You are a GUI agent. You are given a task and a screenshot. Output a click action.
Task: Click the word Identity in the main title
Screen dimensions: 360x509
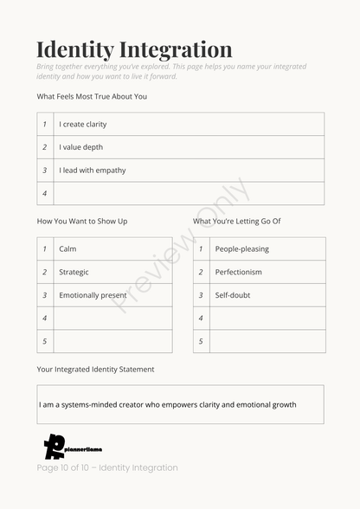tap(74, 49)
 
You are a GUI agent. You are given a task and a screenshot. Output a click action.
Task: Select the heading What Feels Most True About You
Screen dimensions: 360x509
tap(92, 96)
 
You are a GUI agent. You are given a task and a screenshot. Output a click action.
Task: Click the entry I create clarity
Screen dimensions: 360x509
tap(83, 124)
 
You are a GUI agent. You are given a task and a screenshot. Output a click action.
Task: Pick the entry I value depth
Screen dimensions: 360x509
tap(80, 147)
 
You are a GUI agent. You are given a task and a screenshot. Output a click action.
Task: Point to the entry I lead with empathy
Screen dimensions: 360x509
tap(92, 171)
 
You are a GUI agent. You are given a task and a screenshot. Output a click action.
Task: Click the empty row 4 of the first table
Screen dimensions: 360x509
tap(189, 194)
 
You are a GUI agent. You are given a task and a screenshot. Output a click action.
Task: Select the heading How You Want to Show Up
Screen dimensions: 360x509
tap(82, 221)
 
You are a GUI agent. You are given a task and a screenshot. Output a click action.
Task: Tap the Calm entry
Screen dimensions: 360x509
tap(67, 248)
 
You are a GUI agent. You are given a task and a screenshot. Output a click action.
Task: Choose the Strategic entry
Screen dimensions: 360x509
tap(74, 272)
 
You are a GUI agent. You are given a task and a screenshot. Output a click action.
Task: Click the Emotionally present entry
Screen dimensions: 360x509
tap(93, 295)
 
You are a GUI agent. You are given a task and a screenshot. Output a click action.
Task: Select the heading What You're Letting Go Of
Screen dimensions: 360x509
tap(236, 221)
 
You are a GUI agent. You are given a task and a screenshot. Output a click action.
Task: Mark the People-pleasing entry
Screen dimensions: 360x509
tap(241, 248)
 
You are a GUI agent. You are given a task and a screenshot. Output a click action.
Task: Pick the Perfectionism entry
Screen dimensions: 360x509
tap(238, 272)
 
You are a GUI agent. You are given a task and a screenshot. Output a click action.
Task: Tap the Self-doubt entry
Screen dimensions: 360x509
tap(233, 295)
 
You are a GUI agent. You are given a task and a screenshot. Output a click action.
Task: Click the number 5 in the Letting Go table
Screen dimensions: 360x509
tap(201, 341)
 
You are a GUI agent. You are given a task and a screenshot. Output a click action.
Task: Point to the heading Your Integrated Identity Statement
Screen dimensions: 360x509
tap(95, 369)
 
